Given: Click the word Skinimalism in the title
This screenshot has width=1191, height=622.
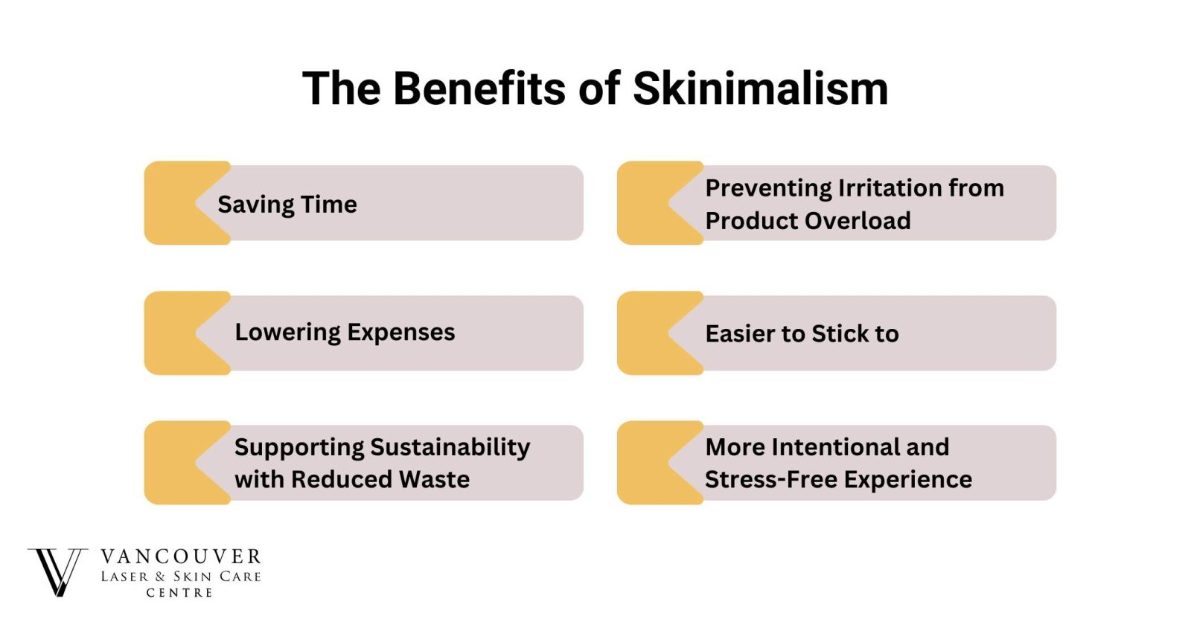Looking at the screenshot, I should pos(760,89).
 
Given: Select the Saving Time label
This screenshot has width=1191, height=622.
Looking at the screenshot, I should pos(287,205).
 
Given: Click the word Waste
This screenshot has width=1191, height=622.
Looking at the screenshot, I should pos(434,479).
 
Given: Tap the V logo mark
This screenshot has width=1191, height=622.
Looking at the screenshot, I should pos(57,571).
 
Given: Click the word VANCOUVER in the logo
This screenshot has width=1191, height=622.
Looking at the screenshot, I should pos(181,557).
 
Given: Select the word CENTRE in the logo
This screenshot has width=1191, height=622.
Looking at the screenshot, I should pos(179,593).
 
